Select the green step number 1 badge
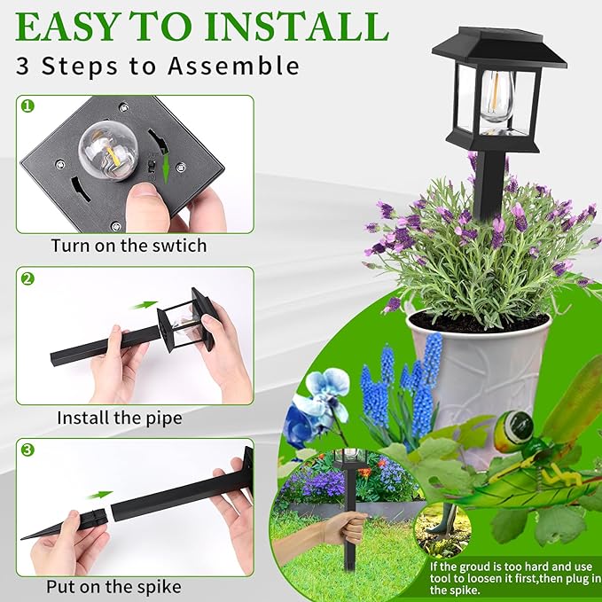[x=27, y=106]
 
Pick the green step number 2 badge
[x=27, y=278]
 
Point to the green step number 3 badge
[x=27, y=450]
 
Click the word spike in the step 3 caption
[x=159, y=586]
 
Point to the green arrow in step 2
[x=143, y=305]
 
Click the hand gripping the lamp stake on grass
[x=345, y=530]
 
